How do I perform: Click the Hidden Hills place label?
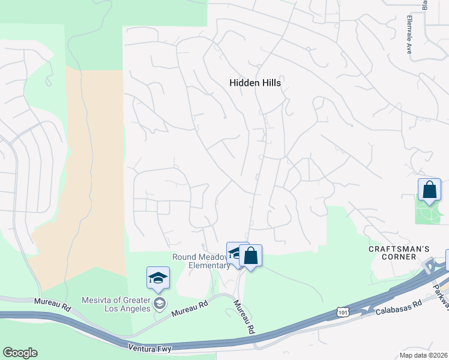pos(255,83)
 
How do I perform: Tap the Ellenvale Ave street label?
pos(408,35)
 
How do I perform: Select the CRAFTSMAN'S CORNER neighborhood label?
pos(393,253)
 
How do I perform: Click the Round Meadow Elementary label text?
pos(200,261)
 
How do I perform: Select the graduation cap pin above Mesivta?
pos(158,278)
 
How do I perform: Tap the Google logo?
pos(20,353)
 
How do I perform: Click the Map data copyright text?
pos(423,355)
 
